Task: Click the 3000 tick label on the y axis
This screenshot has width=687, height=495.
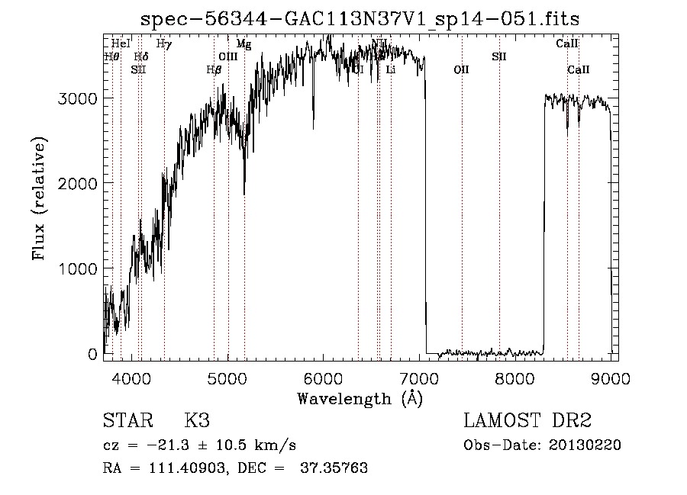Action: click(x=79, y=99)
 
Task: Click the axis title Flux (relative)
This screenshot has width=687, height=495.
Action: click(x=40, y=198)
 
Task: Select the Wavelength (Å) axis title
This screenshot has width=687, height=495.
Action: click(x=360, y=397)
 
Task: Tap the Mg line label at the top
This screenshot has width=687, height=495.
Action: click(x=244, y=44)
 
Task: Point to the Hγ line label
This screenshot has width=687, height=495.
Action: click(x=163, y=44)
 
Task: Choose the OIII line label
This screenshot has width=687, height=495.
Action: click(x=228, y=56)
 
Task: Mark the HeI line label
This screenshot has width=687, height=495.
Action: click(x=121, y=44)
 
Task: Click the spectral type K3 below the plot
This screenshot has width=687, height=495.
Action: click(x=196, y=421)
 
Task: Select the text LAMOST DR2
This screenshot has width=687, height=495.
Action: click(x=527, y=421)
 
